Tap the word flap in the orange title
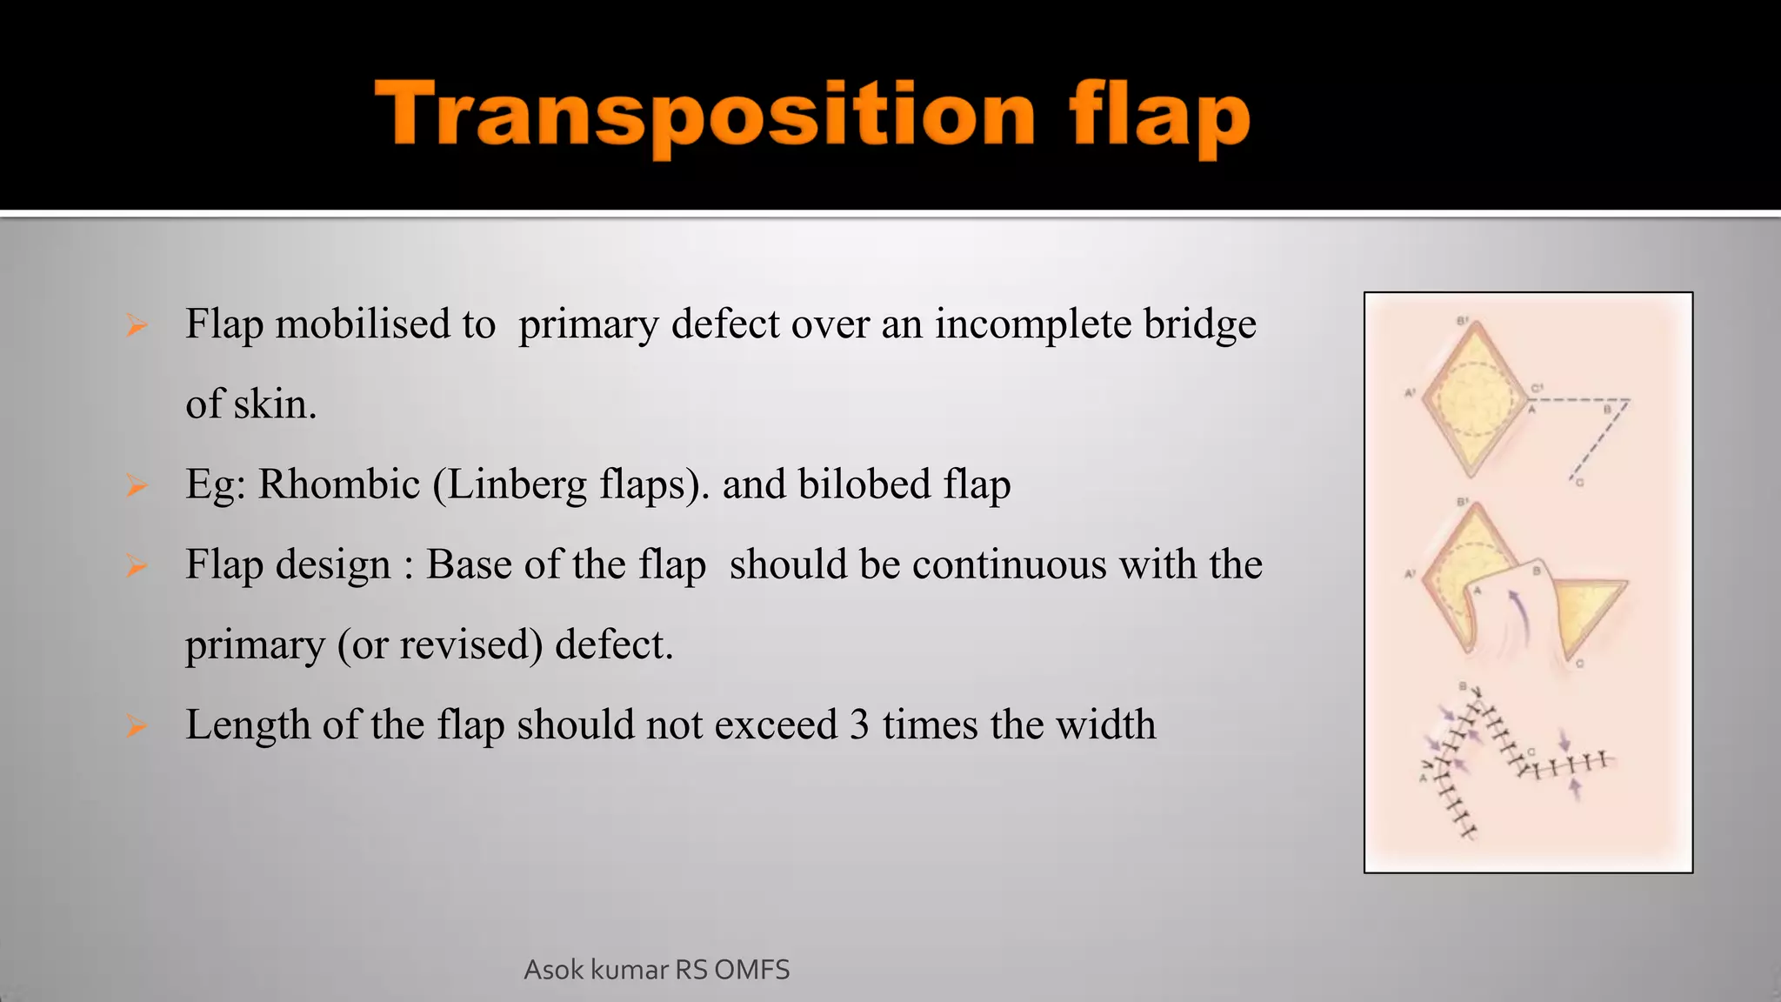pyautogui.click(x=1160, y=117)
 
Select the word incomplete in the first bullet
pyautogui.click(x=1032, y=324)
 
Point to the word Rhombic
pyautogui.click(x=339, y=484)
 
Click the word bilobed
pyautogui.click(x=864, y=484)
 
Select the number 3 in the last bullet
pyautogui.click(x=859, y=725)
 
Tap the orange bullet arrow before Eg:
pyautogui.click(x=137, y=485)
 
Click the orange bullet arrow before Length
pyautogui.click(x=137, y=725)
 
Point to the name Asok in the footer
pyautogui.click(x=553, y=970)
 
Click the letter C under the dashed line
pyautogui.click(x=1580, y=483)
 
